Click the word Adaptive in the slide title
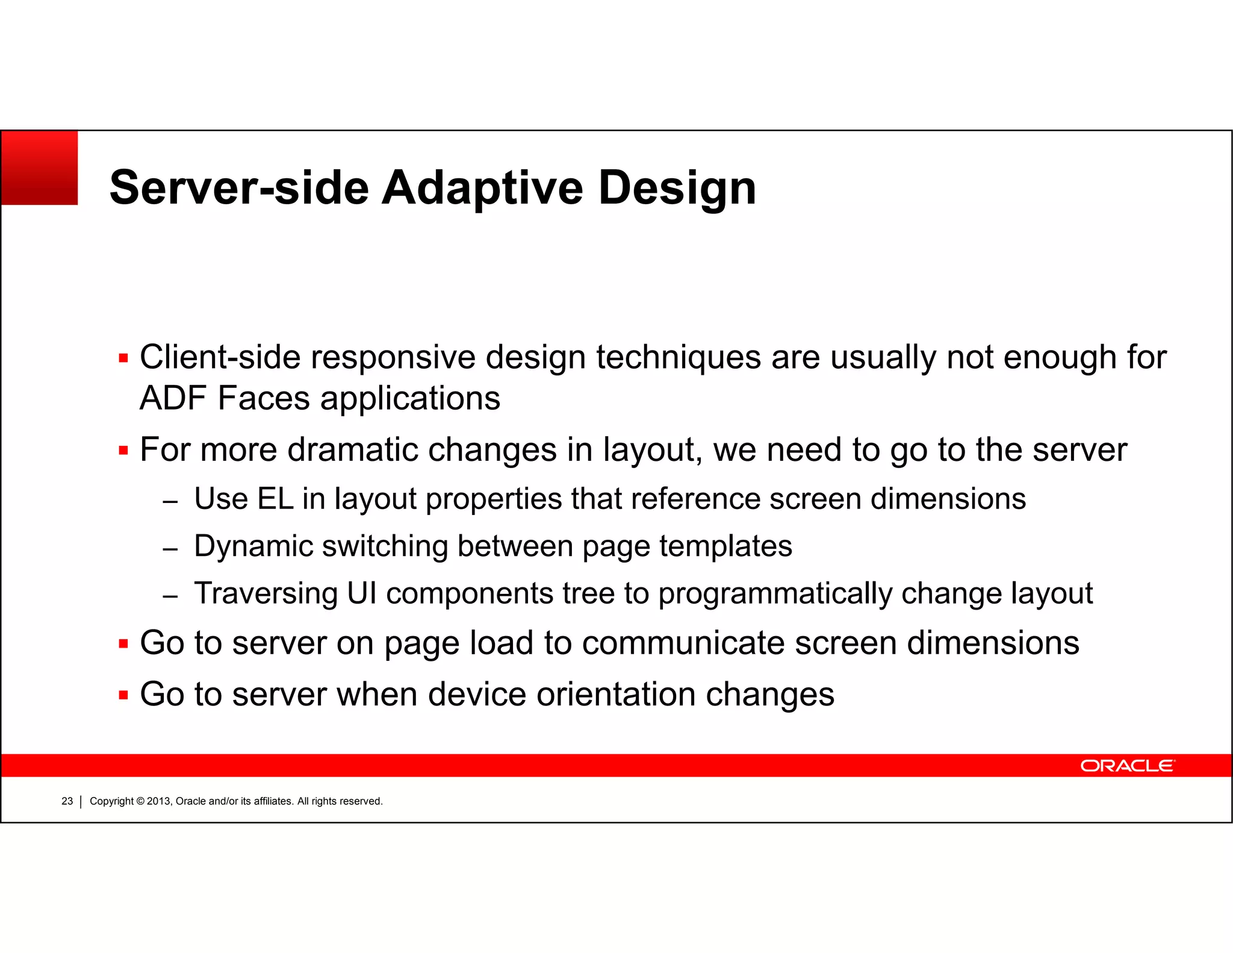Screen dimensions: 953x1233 482,187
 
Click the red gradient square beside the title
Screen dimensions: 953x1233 40,167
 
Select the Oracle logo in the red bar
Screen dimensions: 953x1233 1126,766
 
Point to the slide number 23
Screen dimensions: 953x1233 67,801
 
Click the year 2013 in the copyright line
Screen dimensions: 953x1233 158,801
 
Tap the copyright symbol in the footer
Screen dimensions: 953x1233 140,801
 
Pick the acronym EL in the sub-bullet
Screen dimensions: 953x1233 275,499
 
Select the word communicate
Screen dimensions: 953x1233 683,643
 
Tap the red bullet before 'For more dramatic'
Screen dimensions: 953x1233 123,451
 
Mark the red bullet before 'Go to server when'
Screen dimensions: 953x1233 123,695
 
